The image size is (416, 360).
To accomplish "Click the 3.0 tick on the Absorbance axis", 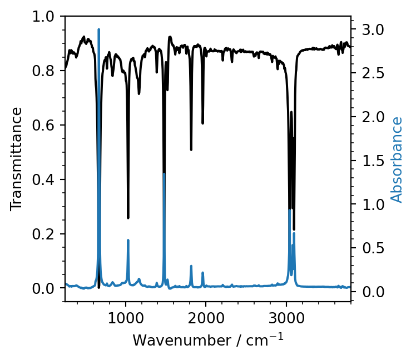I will [x=367, y=29].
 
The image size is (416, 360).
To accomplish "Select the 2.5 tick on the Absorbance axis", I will [x=367, y=73].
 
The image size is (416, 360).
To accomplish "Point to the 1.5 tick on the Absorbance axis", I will [x=367, y=161].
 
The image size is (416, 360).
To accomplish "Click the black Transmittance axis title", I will [x=17, y=159].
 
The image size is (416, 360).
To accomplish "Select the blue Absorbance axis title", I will [x=397, y=159].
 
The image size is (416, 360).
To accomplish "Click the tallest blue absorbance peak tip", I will [x=99, y=29].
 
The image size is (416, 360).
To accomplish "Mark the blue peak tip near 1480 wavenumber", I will [x=164, y=174].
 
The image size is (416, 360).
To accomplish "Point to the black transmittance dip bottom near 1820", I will [x=191, y=149].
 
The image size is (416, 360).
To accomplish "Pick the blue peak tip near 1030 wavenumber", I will [x=128, y=240].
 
